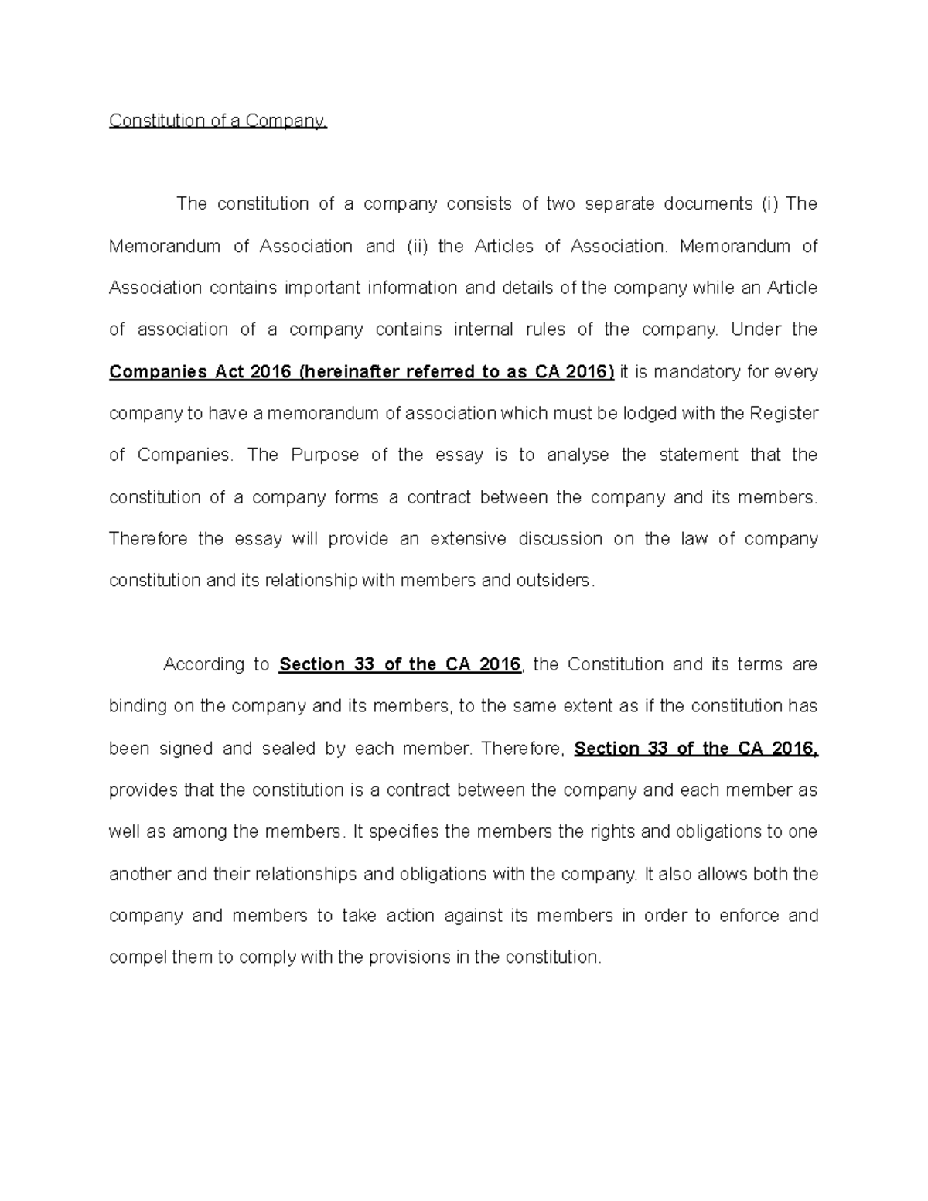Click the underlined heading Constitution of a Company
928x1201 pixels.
pyautogui.click(x=218, y=121)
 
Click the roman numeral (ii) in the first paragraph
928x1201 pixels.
pyautogui.click(x=417, y=246)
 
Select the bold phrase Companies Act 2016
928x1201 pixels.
pyautogui.click(x=200, y=372)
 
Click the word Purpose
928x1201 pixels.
pyautogui.click(x=325, y=455)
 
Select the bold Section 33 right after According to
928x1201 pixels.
pyautogui.click(x=327, y=664)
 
